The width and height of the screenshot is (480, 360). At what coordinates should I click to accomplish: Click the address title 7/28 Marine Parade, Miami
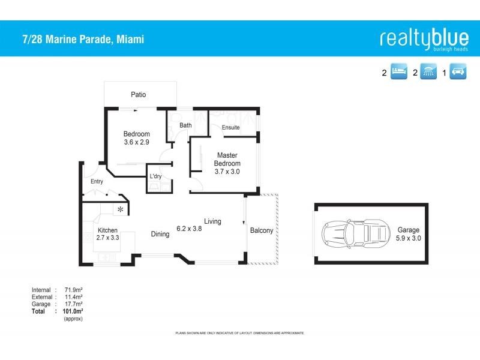pos(79,40)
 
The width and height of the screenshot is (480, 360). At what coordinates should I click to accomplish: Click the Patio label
pos(139,95)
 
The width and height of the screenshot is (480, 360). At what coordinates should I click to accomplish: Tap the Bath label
pos(185,125)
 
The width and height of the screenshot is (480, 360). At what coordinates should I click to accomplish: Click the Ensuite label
pos(231,127)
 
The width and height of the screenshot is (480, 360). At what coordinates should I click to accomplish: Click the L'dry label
pos(155,176)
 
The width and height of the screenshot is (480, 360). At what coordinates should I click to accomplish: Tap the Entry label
pos(97,181)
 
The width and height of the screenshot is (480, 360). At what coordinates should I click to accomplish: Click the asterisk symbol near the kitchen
pos(121,209)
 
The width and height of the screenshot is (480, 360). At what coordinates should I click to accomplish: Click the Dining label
pos(160,234)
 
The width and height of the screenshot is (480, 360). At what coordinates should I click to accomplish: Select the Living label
pos(212,221)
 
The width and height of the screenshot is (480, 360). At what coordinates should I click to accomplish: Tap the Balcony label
pos(261,230)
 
